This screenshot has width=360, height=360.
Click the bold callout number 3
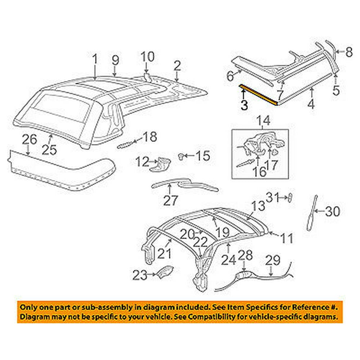[244, 105]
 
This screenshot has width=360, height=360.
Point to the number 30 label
[332, 212]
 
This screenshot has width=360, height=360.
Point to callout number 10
[148, 57]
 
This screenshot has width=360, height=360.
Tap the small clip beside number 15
[182, 156]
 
